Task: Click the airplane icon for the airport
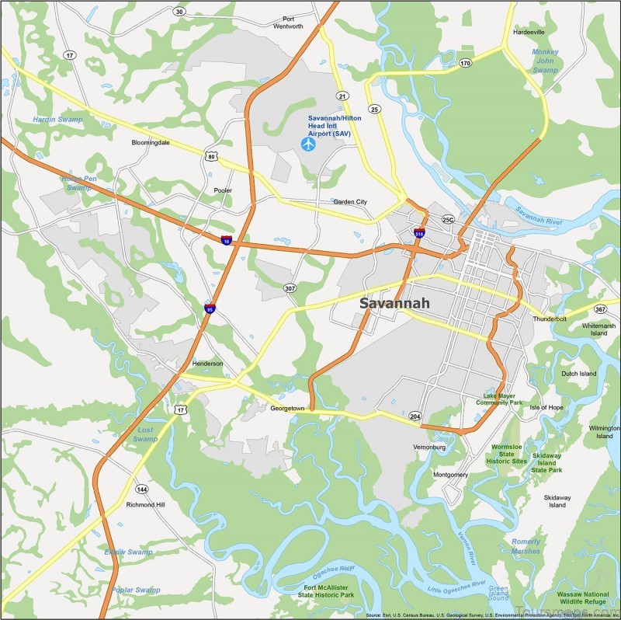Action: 308,144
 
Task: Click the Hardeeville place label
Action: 529,33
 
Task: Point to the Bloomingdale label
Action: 151,143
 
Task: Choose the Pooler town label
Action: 223,190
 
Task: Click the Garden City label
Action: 350,202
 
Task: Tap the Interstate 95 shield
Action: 210,308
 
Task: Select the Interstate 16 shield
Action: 225,240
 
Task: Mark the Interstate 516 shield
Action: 419,232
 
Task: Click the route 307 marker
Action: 290,287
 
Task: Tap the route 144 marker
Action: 141,489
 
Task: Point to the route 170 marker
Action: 465,63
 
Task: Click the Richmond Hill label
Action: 145,504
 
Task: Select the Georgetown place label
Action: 290,408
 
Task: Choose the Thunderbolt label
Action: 550,319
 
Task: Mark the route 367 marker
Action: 600,309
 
